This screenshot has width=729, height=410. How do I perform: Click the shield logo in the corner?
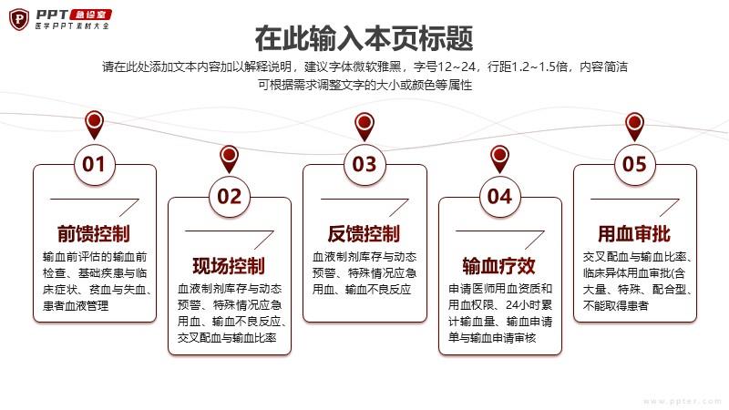(19, 19)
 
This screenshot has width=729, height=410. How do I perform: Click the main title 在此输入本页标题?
(364, 38)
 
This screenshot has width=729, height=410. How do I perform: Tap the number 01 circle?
(95, 165)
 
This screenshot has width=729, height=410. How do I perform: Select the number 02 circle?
(230, 197)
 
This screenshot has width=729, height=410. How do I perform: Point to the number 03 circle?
(364, 165)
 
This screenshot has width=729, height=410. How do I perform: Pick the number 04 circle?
(499, 197)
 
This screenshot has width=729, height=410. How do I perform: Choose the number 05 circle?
(634, 165)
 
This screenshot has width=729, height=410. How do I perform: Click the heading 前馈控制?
(94, 234)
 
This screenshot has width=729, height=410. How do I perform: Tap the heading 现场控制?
(230, 266)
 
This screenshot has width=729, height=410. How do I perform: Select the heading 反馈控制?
(364, 234)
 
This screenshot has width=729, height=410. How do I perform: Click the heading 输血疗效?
(499, 266)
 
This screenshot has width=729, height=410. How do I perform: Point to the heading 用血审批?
(634, 234)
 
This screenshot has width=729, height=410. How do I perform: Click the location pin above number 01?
(95, 125)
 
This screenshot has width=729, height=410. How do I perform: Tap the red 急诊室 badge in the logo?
(91, 15)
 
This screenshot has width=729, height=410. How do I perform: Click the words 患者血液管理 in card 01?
(76, 306)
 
